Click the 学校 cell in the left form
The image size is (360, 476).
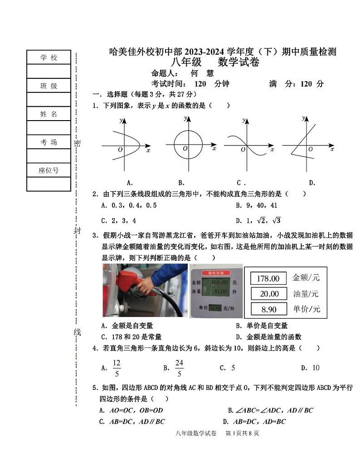tap(49, 58)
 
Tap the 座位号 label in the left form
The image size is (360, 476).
tap(49, 170)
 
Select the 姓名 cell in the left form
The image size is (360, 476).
tap(49, 114)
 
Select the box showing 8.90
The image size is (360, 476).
tap(268, 309)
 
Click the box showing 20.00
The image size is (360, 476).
tap(268, 294)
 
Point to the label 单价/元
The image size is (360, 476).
tap(306, 309)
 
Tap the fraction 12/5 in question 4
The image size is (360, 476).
tap(117, 368)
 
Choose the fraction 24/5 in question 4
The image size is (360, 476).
tap(179, 368)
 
